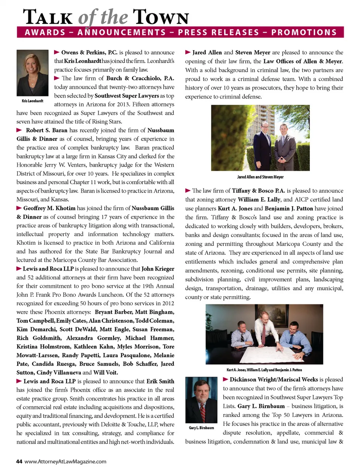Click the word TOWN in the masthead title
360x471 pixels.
tap(161, 17)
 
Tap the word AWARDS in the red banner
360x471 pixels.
tap(45, 32)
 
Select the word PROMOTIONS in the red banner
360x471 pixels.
tap(304, 32)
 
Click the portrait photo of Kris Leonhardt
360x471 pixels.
tap(33, 73)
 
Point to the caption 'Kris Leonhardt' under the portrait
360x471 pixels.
tap(33, 101)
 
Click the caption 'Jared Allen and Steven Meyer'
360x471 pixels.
tap(260, 177)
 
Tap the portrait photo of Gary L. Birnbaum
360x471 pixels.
tap(201, 400)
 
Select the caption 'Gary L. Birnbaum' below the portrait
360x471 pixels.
tap(201, 428)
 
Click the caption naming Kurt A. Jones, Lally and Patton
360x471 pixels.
tap(264, 370)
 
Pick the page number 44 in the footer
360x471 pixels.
tap(19, 461)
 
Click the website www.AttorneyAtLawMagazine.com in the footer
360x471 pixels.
tap(65, 461)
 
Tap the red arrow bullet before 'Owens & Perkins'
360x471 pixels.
tap(57, 52)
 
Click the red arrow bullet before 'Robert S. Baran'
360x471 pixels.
tap(19, 130)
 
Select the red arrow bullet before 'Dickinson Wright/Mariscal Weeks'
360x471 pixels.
tap(226, 379)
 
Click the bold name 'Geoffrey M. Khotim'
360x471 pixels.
tap(49, 208)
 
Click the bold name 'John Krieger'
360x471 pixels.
tap(158, 269)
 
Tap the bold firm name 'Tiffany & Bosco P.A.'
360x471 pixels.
tap(258, 191)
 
